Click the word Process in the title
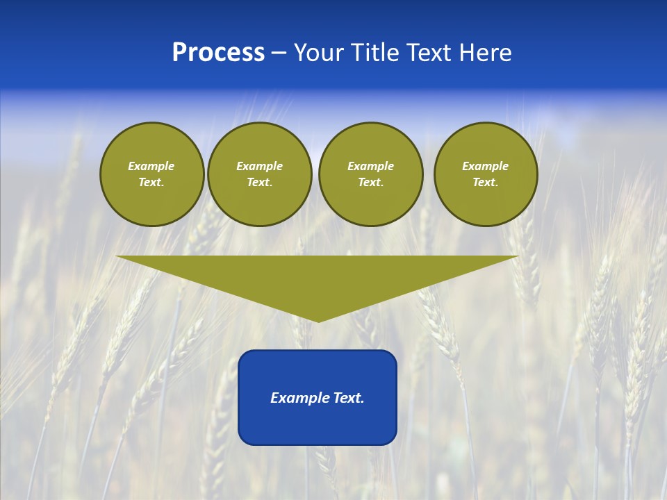pos(218,53)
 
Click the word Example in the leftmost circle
pos(151,166)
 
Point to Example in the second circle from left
pos(259,166)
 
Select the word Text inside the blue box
pos(349,398)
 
